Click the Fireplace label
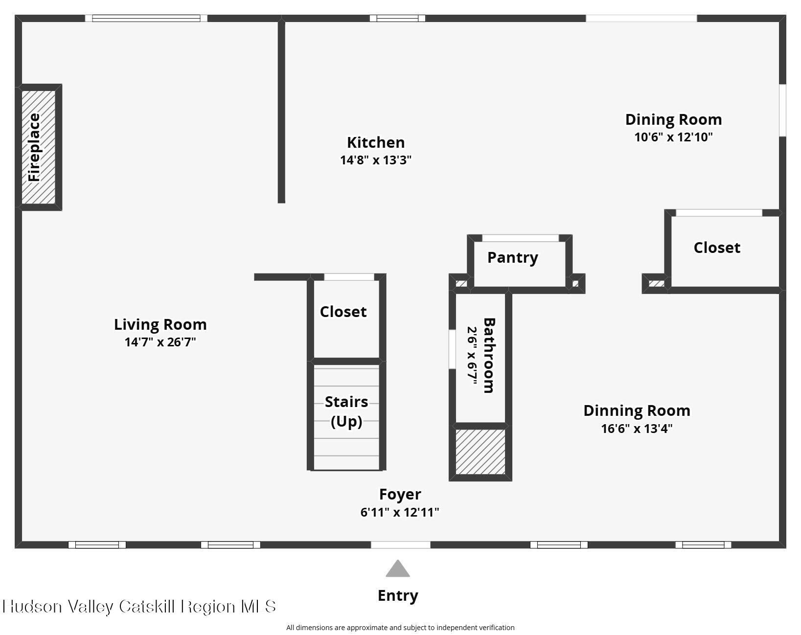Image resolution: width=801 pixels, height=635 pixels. pyautogui.click(x=34, y=147)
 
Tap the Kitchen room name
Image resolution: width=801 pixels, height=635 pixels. pyautogui.click(x=376, y=142)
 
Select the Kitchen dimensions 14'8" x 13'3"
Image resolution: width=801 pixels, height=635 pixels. pyautogui.click(x=376, y=160)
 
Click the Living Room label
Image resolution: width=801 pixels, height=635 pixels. pyautogui.click(x=160, y=324)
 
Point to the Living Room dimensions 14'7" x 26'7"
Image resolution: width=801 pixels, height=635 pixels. pyautogui.click(x=160, y=342)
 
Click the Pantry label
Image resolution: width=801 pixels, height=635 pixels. pyautogui.click(x=513, y=258)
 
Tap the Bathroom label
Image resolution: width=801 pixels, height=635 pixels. pyautogui.click(x=489, y=356)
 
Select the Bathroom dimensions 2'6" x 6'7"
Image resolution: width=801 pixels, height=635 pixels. pyautogui.click(x=472, y=356)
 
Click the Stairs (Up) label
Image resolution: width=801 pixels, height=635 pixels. pyautogui.click(x=346, y=411)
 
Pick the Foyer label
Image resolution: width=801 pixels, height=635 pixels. pyautogui.click(x=400, y=494)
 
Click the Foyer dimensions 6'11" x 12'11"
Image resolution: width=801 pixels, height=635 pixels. pyautogui.click(x=400, y=513)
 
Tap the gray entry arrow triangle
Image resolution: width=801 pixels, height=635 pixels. pyautogui.click(x=398, y=569)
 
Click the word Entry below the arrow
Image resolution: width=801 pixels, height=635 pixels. pyautogui.click(x=398, y=595)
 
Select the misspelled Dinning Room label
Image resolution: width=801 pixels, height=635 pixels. pyautogui.click(x=637, y=411)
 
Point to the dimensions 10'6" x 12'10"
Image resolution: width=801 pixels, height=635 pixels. pyautogui.click(x=674, y=137)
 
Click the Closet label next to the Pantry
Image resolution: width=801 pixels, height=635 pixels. pyautogui.click(x=717, y=248)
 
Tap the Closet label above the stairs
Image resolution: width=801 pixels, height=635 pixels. pyautogui.click(x=343, y=312)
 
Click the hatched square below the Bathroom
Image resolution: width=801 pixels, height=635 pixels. pyautogui.click(x=481, y=452)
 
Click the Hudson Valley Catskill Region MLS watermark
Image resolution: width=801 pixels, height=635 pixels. pyautogui.click(x=139, y=606)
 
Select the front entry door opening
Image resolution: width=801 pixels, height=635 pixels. pyautogui.click(x=400, y=545)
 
